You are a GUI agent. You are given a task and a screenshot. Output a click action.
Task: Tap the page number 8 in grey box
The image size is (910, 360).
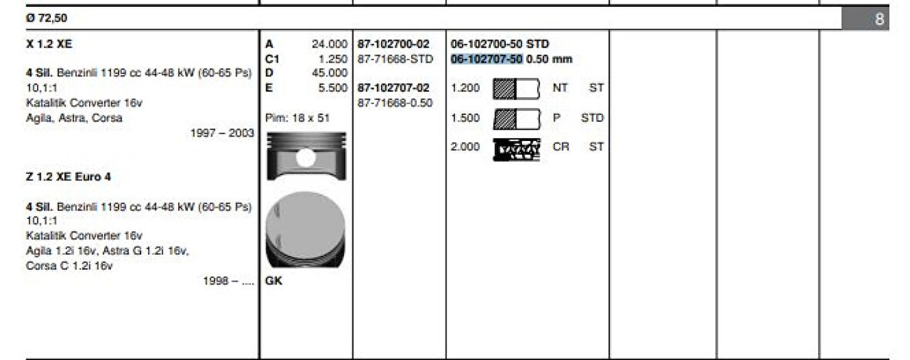click(x=879, y=19)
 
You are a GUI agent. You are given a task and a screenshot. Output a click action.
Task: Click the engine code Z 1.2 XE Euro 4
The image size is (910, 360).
click(x=68, y=177)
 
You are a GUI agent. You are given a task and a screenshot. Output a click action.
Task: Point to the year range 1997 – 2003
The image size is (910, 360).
click(x=221, y=133)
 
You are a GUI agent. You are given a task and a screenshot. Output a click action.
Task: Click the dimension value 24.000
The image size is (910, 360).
click(x=329, y=44)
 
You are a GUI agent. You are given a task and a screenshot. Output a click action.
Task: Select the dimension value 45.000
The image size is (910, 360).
click(x=329, y=72)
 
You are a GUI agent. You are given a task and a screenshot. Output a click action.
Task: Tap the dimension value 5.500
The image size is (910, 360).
click(x=332, y=87)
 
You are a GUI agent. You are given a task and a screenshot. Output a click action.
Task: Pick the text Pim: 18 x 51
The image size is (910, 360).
click(x=297, y=118)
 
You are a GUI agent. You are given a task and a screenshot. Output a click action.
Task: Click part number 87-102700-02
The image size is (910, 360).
click(x=393, y=44)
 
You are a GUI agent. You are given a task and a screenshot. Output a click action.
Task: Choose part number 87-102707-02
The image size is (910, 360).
click(x=393, y=88)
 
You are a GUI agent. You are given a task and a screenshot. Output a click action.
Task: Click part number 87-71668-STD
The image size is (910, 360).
click(x=396, y=59)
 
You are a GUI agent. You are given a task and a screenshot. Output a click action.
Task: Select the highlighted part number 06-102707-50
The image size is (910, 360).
click(x=487, y=59)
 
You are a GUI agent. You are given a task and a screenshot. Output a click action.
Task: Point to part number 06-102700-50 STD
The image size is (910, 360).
click(x=500, y=44)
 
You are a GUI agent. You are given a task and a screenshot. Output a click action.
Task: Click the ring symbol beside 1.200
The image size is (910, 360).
click(x=516, y=89)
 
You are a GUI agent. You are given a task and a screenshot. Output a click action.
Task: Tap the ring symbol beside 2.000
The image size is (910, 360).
click(x=516, y=147)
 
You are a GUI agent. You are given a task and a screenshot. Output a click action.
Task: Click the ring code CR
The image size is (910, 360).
click(x=561, y=146)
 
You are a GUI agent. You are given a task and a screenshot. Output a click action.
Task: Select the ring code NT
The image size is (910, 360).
click(x=561, y=89)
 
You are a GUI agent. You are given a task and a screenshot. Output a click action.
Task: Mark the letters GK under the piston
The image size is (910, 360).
click(x=274, y=281)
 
